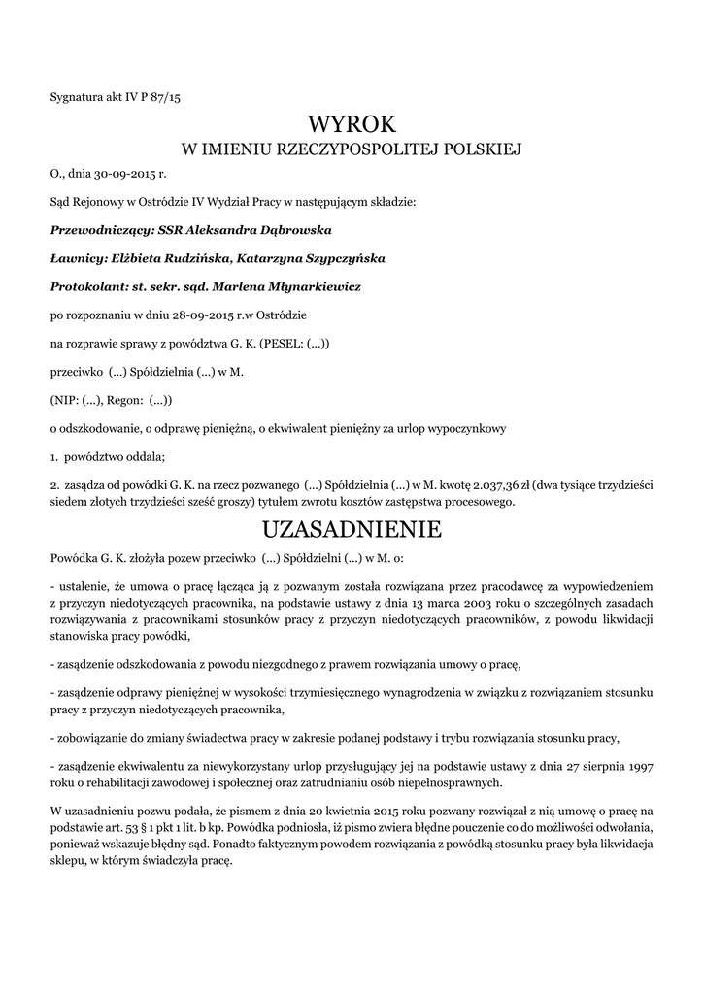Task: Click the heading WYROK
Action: point(352,124)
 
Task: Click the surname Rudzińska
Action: point(186,259)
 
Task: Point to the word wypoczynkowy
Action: point(465,428)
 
